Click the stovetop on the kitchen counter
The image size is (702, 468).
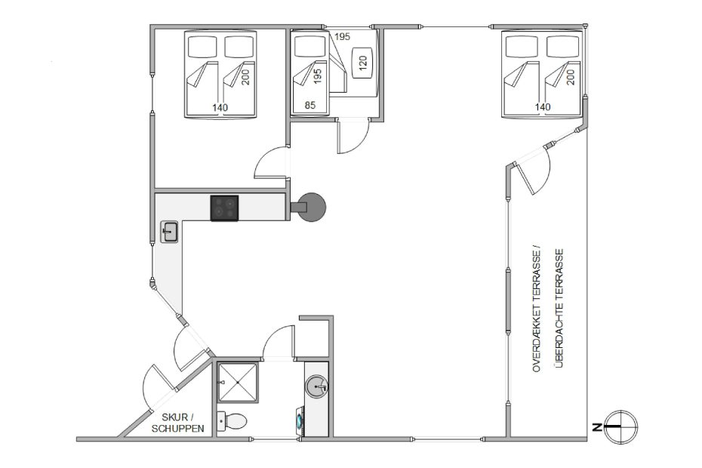point(224,208)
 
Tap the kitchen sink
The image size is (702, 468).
point(169,232)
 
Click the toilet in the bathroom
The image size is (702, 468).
point(232,421)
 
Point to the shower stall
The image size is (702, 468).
point(238,383)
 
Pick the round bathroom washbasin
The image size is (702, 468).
point(318,386)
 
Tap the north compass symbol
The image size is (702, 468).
point(619,427)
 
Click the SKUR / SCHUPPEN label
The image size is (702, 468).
point(177,423)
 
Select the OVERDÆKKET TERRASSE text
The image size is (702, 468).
point(537,308)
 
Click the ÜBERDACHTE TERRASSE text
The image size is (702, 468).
point(559,308)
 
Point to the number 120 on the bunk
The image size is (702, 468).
point(362,62)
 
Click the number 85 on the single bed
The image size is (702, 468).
point(309,105)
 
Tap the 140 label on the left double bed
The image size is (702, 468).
point(220,107)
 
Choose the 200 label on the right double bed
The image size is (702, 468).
point(571,77)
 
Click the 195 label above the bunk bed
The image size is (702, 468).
point(342,37)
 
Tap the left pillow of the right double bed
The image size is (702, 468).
point(522,46)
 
